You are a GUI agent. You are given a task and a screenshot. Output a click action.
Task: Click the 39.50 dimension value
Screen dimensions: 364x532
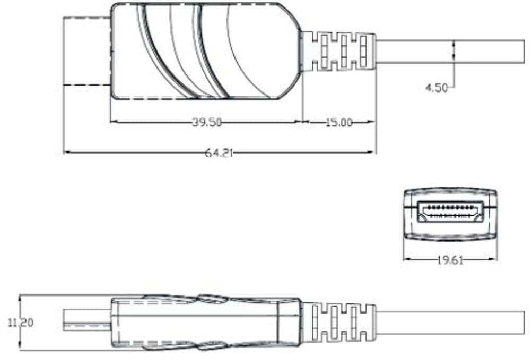click(x=206, y=122)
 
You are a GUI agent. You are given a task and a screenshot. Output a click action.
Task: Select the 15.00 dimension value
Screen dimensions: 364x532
click(x=338, y=122)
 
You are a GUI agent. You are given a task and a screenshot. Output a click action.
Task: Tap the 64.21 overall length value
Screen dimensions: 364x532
click(x=219, y=153)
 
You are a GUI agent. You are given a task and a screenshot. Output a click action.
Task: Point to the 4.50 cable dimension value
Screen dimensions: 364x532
click(x=437, y=88)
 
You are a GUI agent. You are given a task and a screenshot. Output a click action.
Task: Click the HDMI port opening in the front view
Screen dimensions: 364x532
click(x=450, y=211)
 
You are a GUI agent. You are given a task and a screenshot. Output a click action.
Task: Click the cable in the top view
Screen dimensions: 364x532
click(x=451, y=51)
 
